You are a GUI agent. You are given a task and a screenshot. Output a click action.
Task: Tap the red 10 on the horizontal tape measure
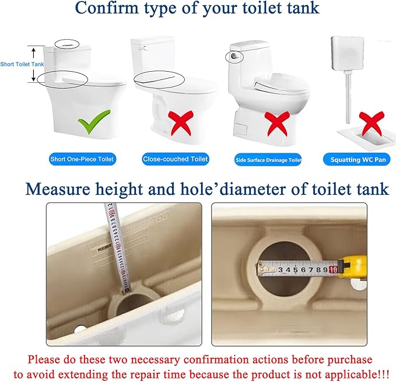[x=333, y=270]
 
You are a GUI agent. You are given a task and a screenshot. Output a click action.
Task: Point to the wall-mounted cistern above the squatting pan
[x=348, y=53]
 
